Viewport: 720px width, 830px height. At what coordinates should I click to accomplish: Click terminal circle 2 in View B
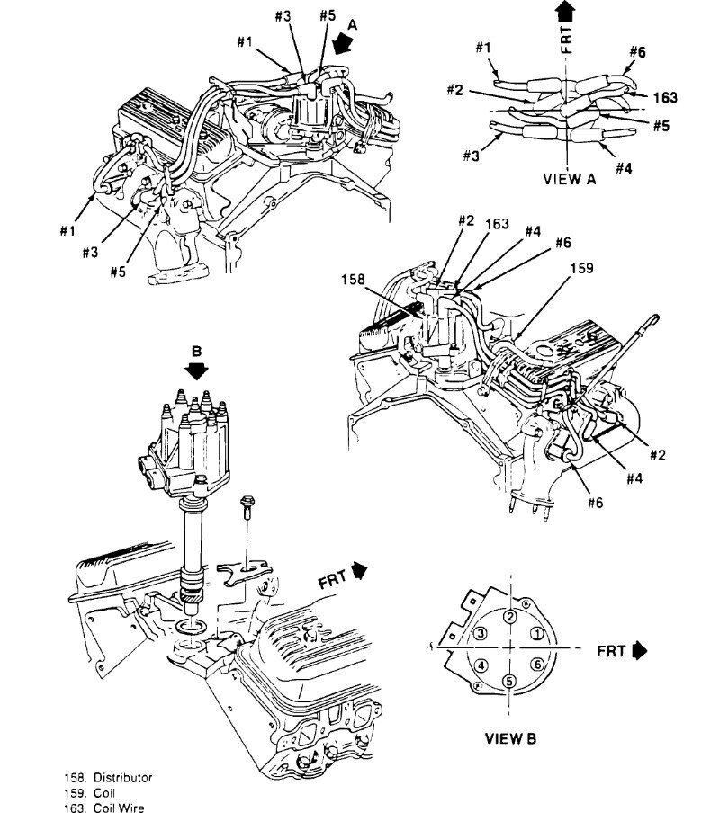[509, 616]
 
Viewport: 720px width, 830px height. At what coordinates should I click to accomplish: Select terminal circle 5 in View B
[509, 681]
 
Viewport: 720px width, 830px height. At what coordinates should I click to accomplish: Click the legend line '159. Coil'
[85, 793]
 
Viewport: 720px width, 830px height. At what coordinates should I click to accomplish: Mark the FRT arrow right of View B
[640, 648]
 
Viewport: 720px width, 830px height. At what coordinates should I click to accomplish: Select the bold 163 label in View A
[665, 97]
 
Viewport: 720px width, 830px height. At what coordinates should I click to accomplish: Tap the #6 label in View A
[637, 53]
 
